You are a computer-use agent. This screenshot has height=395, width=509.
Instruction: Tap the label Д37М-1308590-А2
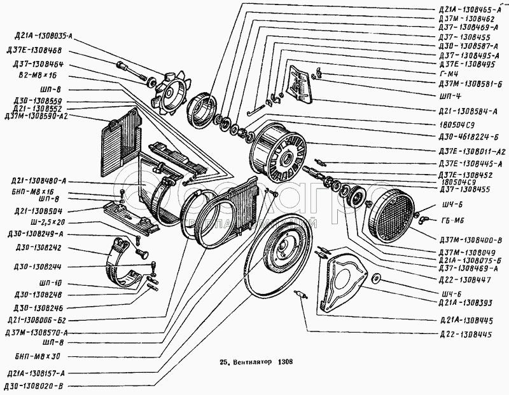[x=36, y=116]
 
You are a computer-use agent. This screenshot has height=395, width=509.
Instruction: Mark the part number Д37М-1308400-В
[x=471, y=239]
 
